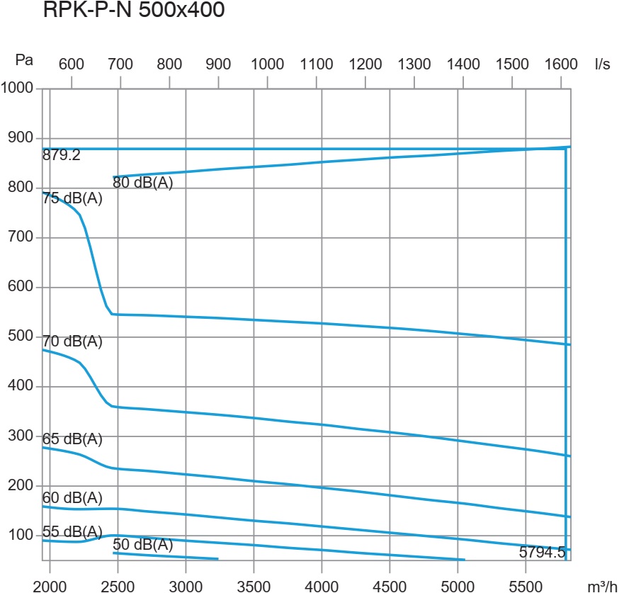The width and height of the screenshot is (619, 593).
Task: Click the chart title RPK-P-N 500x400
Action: [x=134, y=12]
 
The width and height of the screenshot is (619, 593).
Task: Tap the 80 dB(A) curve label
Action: [x=143, y=183]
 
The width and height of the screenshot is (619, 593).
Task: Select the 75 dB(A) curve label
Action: [x=72, y=199]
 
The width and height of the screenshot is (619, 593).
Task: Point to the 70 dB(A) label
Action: [x=72, y=341]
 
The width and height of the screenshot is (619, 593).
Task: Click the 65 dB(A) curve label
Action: [x=72, y=439]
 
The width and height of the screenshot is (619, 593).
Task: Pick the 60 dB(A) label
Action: [x=72, y=497]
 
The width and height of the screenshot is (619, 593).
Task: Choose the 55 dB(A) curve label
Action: [x=72, y=532]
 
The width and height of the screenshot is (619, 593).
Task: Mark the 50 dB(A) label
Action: [x=143, y=545]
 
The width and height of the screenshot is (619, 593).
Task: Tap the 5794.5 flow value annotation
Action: [x=542, y=553]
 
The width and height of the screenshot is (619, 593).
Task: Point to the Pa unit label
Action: [x=23, y=61]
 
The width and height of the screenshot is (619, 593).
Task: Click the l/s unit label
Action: [x=603, y=63]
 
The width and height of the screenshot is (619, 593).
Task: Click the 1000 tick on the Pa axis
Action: [x=17, y=89]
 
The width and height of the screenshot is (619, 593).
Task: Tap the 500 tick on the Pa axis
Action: [x=21, y=337]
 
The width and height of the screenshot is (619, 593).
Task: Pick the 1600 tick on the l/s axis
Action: [x=560, y=63]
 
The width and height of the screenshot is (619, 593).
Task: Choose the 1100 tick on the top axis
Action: [x=316, y=63]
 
